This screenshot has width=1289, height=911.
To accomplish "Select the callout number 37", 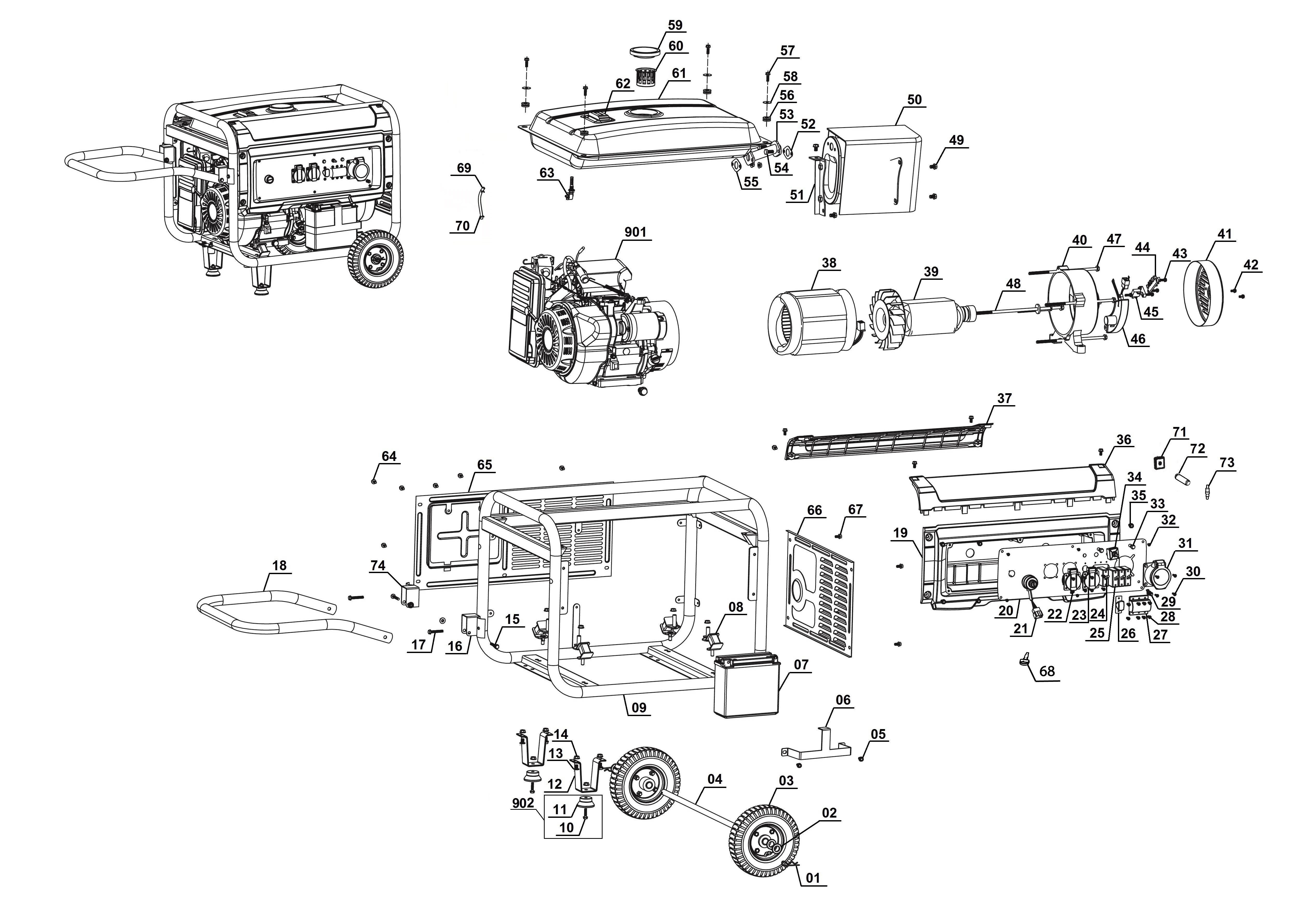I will pyautogui.click(x=1004, y=398).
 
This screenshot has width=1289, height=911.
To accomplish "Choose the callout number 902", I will pyautogui.click(x=523, y=803).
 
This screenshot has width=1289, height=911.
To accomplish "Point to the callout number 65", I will pyautogui.click(x=484, y=465).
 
